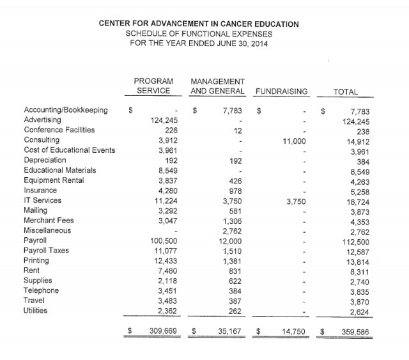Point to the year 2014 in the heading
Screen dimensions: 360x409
pyautogui.click(x=259, y=43)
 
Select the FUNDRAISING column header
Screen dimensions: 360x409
pyautogui.click(x=281, y=92)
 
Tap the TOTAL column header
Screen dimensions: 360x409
pyautogui.click(x=346, y=92)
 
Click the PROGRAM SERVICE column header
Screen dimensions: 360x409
pyautogui.click(x=152, y=87)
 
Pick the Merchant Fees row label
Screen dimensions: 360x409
pyautogui.click(x=49, y=221)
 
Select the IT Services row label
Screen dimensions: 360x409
pyautogui.click(x=43, y=200)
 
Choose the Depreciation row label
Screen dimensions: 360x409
pyautogui.click(x=45, y=160)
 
